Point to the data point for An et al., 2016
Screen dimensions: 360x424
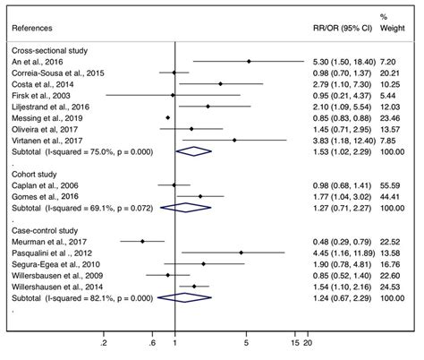pos(250,61)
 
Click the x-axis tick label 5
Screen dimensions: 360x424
pos(246,341)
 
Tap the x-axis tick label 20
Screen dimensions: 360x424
pos(309,341)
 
